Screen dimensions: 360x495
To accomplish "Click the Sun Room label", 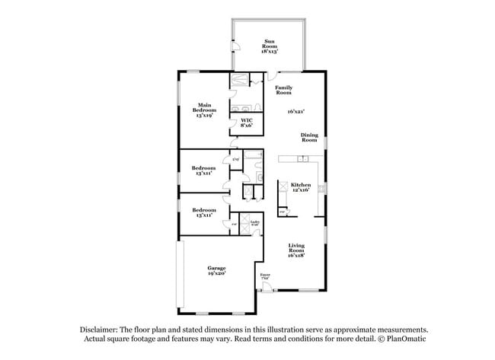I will click(x=270, y=46).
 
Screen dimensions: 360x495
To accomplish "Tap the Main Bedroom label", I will click(x=204, y=110).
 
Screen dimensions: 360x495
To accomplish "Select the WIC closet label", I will click(x=247, y=123).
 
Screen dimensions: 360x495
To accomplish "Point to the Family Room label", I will click(x=284, y=90).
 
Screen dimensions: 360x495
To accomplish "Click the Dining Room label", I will click(x=309, y=137).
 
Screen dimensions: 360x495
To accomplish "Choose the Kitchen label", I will click(x=300, y=186).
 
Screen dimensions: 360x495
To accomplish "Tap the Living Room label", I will click(x=296, y=250).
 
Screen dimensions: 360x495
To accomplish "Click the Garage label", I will click(x=217, y=270).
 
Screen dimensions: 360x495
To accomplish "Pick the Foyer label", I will click(x=265, y=276).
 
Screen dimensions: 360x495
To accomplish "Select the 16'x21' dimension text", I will click(x=296, y=112).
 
